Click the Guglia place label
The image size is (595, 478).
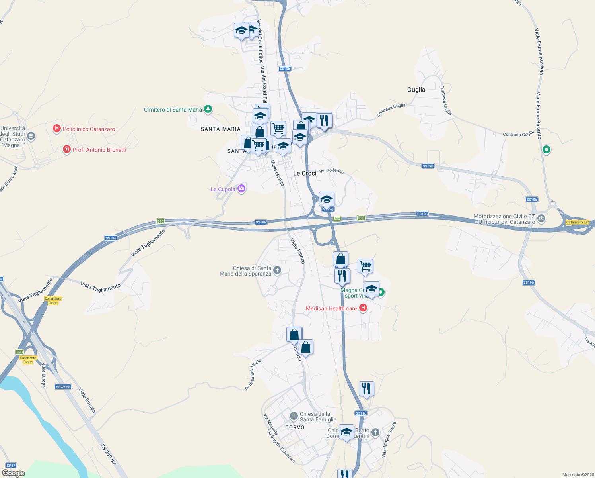point(416,90)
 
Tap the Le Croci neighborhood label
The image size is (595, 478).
point(305,173)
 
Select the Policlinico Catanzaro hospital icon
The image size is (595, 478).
point(57,129)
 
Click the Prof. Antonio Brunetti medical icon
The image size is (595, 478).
point(67,150)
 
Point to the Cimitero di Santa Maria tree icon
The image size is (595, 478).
point(208,109)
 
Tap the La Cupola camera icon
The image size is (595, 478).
point(241,189)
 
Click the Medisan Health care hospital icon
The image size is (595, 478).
point(363,308)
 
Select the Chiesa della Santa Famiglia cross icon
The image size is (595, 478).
point(294,417)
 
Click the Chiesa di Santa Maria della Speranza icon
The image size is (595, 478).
point(277,270)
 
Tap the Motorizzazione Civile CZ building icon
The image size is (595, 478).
point(541,218)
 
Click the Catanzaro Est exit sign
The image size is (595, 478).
point(577,222)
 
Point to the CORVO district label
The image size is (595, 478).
point(295,427)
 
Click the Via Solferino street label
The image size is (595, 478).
point(331,171)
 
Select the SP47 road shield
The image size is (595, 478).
point(11,465)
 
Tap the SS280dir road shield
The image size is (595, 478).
point(63,387)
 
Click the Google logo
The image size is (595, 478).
point(14,473)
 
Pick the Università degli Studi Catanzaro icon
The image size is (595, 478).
point(31,137)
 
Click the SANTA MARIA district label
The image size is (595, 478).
point(221,129)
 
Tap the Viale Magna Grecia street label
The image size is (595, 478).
point(389,439)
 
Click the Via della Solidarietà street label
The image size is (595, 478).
point(253,375)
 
